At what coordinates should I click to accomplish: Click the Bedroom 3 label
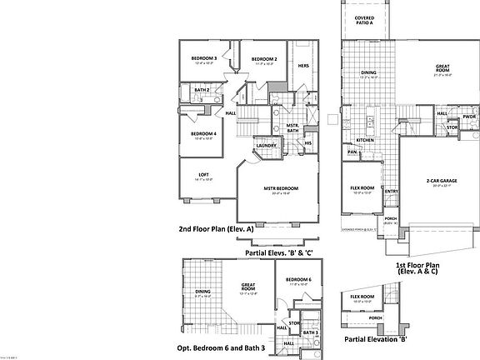point(205,58)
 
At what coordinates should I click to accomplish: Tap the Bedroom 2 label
point(264,59)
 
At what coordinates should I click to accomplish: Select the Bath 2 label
point(202,89)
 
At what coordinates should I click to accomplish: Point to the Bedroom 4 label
point(203,134)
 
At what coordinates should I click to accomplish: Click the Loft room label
point(204,174)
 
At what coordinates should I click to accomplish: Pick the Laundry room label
point(266,145)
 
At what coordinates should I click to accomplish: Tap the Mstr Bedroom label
point(281,188)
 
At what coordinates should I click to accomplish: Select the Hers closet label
point(303,66)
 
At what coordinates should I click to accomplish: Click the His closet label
point(307,142)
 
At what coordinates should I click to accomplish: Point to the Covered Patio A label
point(364,20)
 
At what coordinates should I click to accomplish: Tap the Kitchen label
point(365,140)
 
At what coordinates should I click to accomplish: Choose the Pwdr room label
point(469,116)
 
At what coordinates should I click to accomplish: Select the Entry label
point(391,191)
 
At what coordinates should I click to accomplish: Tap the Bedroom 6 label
point(297,279)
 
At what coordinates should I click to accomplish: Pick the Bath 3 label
point(310,332)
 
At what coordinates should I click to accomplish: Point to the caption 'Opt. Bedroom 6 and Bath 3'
point(222,347)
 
